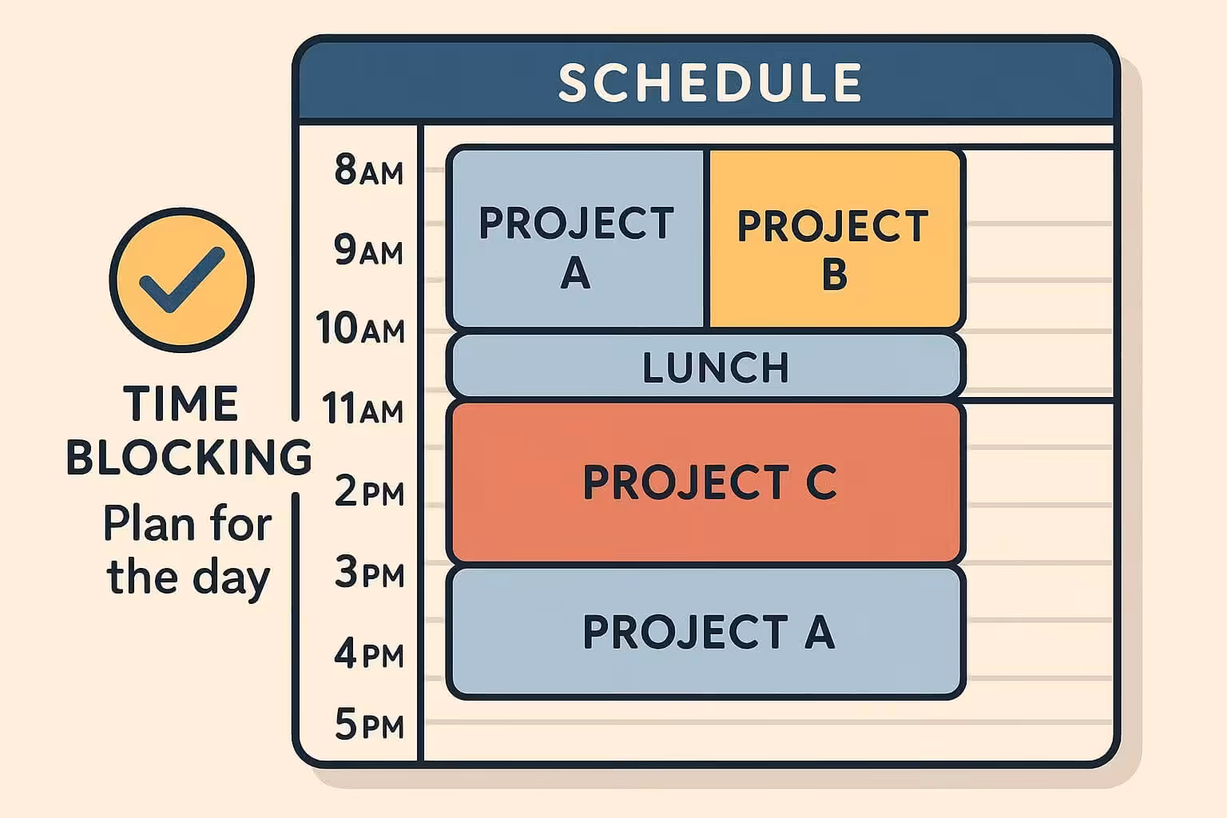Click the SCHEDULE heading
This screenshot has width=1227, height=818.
(x=709, y=82)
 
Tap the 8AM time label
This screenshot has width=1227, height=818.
(x=368, y=171)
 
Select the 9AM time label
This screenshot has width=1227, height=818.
(x=368, y=251)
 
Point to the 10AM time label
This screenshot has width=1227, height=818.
(x=360, y=328)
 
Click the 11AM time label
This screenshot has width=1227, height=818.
(x=362, y=409)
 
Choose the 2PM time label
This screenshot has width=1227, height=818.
(x=369, y=491)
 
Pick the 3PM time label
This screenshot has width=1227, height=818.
(x=369, y=573)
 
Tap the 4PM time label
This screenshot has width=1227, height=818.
(x=369, y=654)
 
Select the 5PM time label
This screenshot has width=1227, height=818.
(x=369, y=725)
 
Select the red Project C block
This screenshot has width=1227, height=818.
(x=707, y=482)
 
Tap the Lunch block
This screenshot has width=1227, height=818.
(x=707, y=367)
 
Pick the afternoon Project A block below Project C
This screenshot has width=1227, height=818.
(x=707, y=632)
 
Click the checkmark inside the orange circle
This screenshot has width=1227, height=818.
(x=181, y=279)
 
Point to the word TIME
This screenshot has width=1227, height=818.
(x=181, y=403)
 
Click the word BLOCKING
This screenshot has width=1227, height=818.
(x=189, y=457)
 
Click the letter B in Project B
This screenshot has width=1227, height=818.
(x=834, y=274)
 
